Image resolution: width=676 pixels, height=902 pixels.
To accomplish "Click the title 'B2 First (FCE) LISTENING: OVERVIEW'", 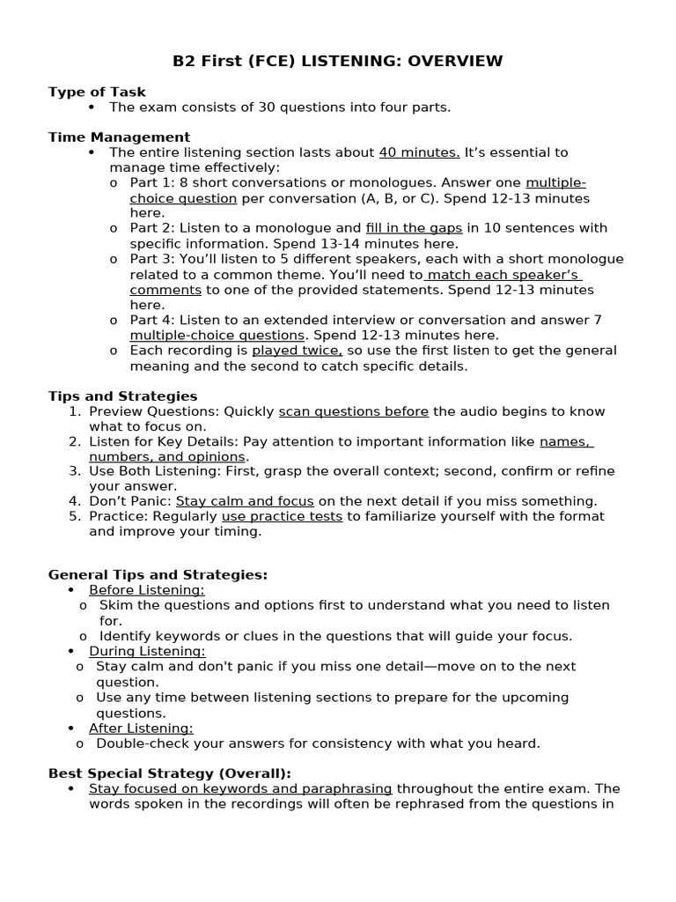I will click(x=337, y=61).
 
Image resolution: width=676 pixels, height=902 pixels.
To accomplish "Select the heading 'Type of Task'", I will click(x=97, y=92).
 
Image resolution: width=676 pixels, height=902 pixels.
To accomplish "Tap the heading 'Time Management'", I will click(x=119, y=137).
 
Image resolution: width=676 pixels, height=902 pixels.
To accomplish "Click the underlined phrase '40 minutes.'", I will click(x=419, y=152).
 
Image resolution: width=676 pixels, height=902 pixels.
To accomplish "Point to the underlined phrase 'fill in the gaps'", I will click(x=414, y=228).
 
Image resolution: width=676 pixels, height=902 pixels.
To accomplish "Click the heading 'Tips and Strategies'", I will click(x=122, y=396).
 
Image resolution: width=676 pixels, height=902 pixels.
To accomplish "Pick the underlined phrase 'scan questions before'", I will click(x=354, y=411).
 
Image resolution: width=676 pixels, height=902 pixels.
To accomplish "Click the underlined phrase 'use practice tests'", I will click(x=282, y=516).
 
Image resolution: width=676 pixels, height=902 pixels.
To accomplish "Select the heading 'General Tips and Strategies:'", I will click(x=158, y=574).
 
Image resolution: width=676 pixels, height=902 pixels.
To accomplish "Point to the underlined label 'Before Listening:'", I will click(x=146, y=590).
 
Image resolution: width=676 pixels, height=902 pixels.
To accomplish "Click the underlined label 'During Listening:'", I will click(x=147, y=651).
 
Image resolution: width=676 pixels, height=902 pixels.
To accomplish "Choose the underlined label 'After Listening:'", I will click(x=141, y=728).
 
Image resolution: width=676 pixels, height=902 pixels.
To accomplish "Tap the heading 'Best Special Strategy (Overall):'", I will click(x=169, y=773).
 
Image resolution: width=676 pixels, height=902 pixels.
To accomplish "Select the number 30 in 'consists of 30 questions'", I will click(x=267, y=107).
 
